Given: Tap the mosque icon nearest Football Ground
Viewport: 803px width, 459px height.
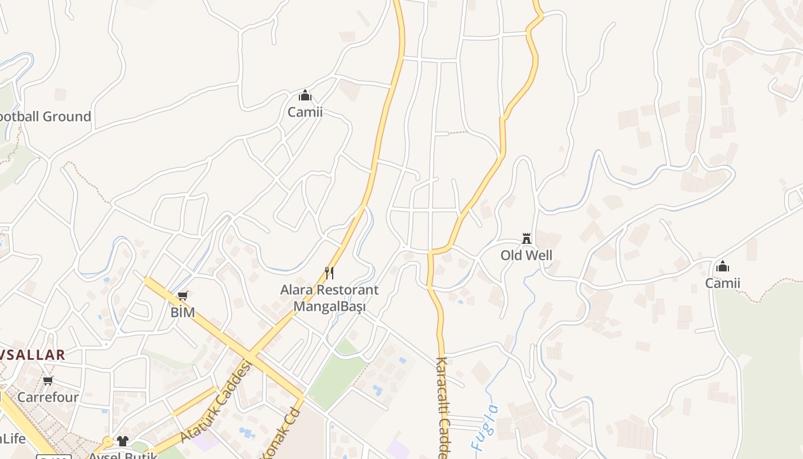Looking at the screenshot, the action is click(305, 95).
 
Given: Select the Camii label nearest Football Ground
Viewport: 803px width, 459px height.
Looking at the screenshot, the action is click(305, 112).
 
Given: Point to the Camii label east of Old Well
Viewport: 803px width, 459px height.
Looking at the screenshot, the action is click(723, 283).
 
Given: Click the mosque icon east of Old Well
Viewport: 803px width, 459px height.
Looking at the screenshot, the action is click(723, 266).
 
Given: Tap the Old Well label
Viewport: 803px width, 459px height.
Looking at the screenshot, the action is click(527, 255).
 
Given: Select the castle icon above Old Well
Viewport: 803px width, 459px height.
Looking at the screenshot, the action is click(527, 239).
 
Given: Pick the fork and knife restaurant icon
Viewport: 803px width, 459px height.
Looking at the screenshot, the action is click(329, 273).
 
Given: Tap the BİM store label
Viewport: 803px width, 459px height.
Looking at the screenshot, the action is click(183, 313).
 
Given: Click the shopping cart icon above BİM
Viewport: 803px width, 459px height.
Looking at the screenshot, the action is click(183, 296).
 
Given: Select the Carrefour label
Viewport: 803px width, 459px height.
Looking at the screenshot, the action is click(48, 397).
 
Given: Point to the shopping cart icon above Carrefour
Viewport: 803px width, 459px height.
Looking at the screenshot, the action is click(48, 380).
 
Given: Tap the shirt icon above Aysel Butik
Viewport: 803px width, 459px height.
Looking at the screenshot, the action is click(123, 441).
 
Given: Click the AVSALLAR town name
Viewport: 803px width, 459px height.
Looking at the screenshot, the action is click(32, 355).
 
